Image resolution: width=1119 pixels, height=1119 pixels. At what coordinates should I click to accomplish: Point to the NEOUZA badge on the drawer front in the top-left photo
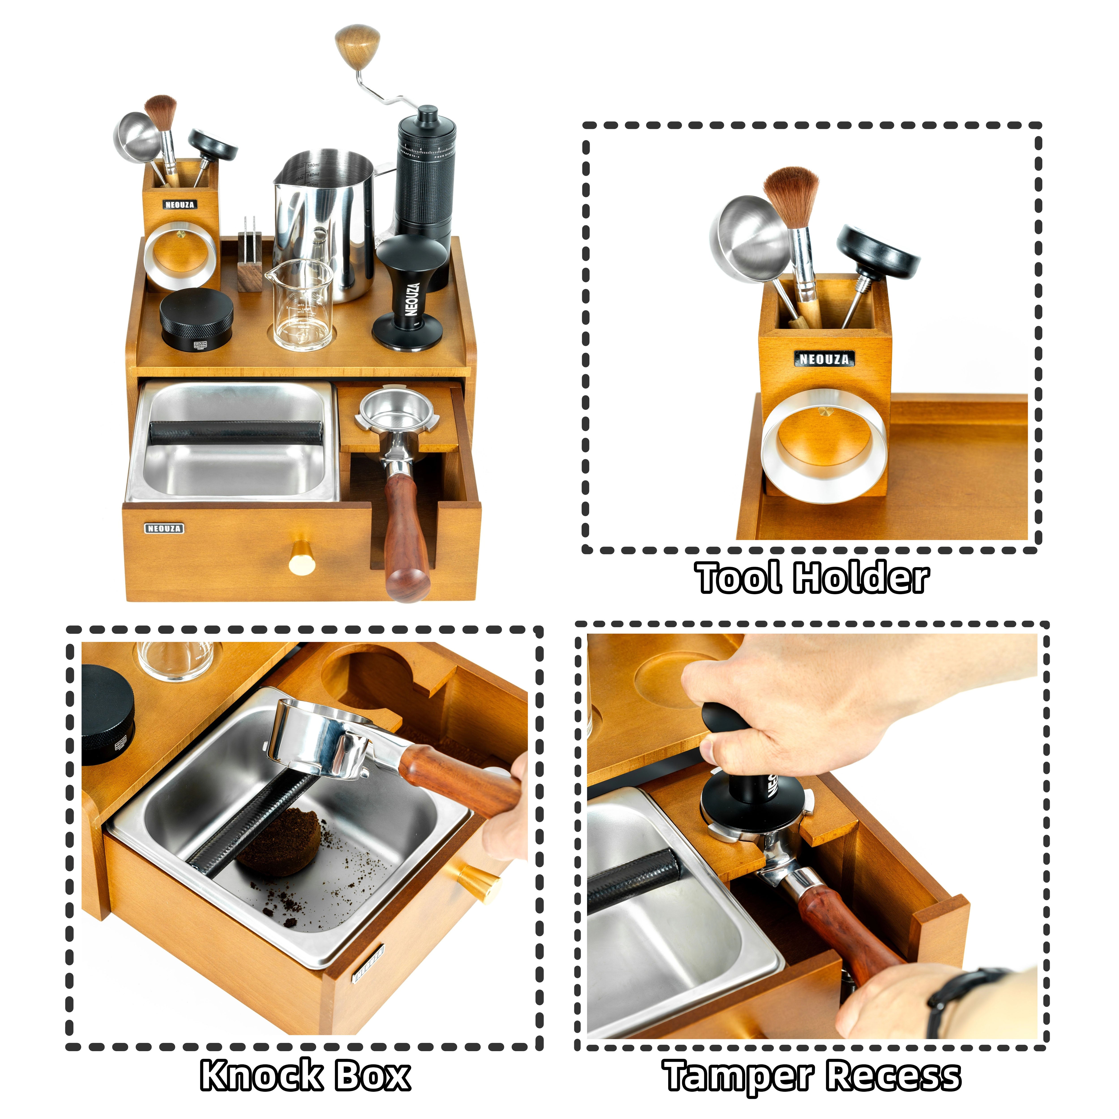[164, 528]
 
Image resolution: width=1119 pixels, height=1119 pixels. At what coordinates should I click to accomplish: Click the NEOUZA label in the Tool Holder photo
[824, 359]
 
